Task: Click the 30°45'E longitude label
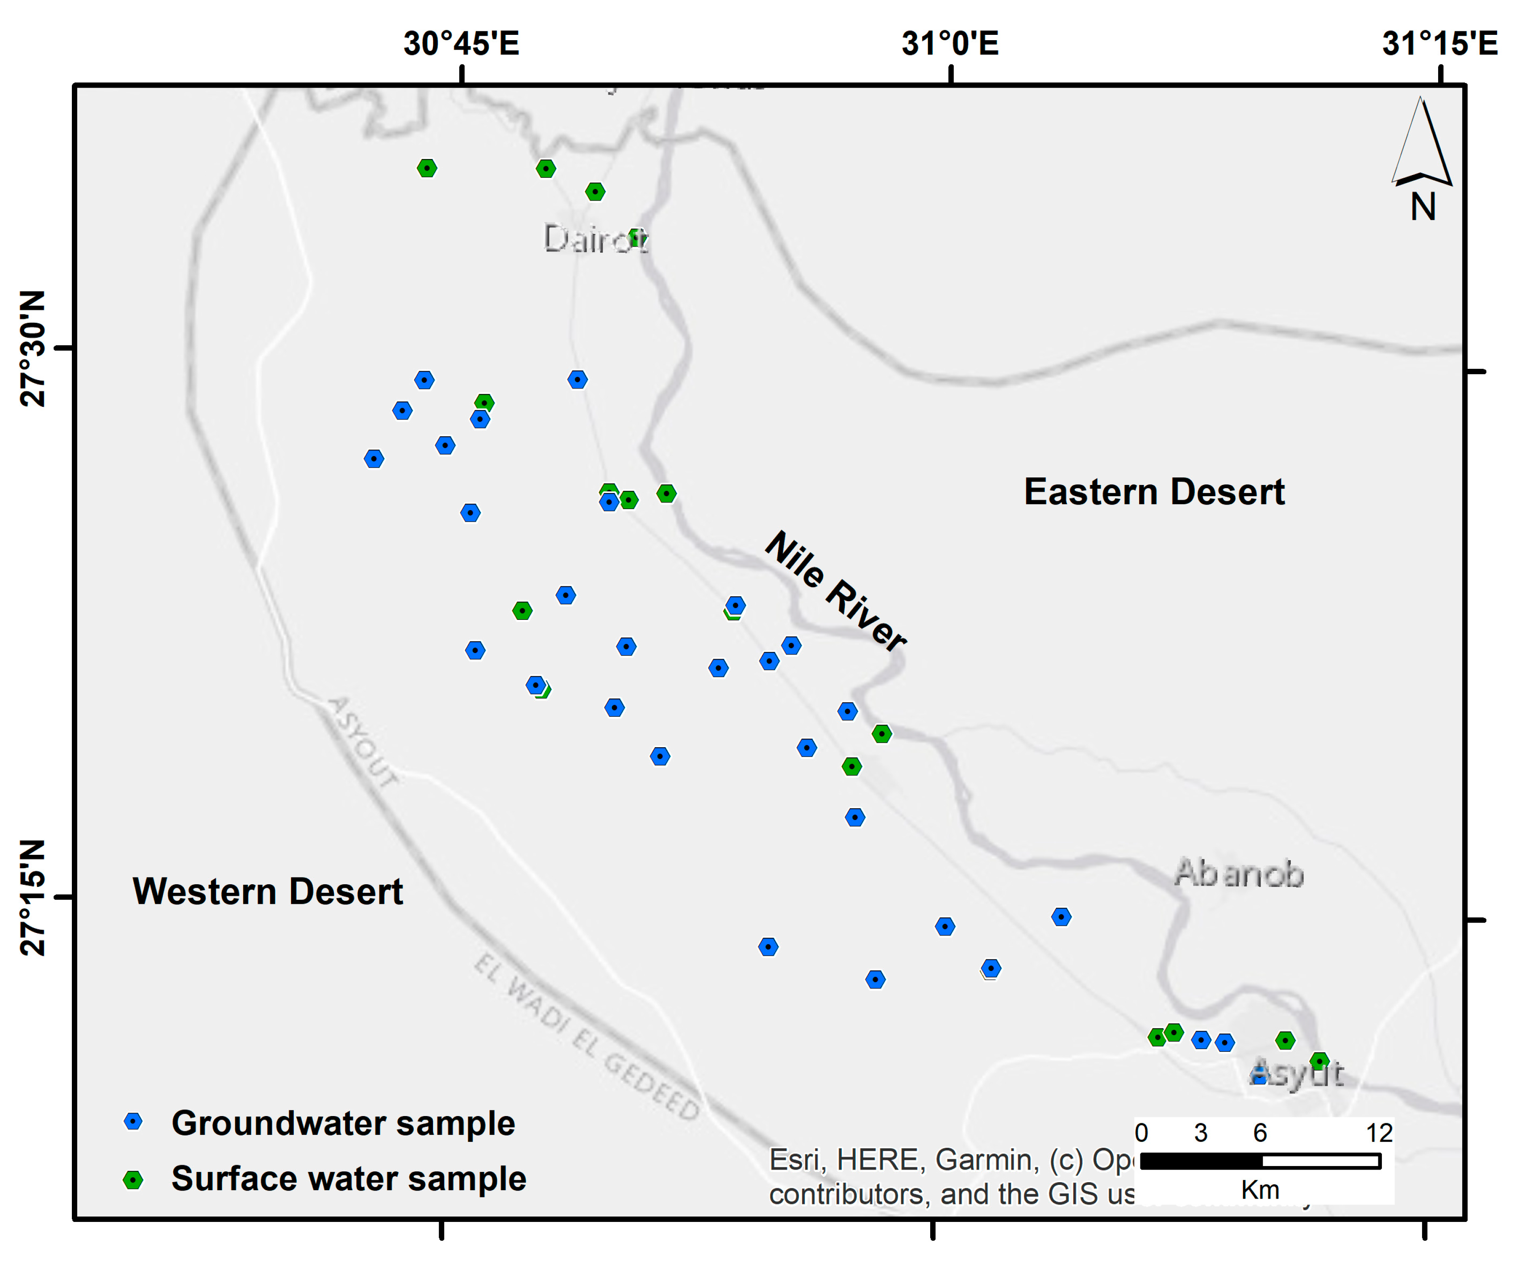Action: (461, 44)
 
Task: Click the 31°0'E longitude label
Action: (950, 44)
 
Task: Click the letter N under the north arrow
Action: (1423, 207)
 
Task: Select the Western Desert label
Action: (267, 892)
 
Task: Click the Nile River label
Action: (836, 590)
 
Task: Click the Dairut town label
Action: (595, 238)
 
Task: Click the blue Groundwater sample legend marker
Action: (133, 1121)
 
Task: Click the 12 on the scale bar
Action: (1379, 1133)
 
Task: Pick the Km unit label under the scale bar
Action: (1260, 1190)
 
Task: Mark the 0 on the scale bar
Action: (1142, 1133)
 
